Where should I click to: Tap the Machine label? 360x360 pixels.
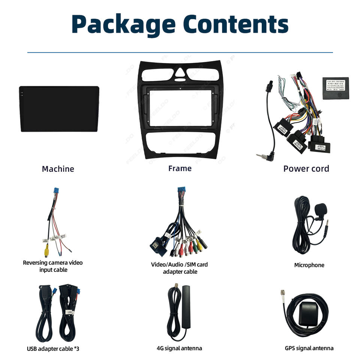pyautogui.click(x=58, y=169)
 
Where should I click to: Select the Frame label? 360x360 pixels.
pyautogui.click(x=180, y=168)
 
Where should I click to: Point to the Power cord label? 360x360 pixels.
pyautogui.click(x=306, y=169)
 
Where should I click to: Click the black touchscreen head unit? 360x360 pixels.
pyautogui.click(x=59, y=109)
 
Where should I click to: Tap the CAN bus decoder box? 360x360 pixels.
pyautogui.click(x=335, y=88)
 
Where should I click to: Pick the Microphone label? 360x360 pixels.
pyautogui.click(x=309, y=265)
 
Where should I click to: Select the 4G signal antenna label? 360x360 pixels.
pyautogui.click(x=179, y=348)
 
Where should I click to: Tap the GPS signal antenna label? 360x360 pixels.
pyautogui.click(x=309, y=348)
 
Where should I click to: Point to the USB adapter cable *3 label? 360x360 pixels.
pyautogui.click(x=53, y=349)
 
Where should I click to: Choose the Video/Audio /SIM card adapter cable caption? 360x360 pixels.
pyautogui.click(x=179, y=268)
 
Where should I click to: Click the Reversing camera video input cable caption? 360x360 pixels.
pyautogui.click(x=52, y=266)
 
